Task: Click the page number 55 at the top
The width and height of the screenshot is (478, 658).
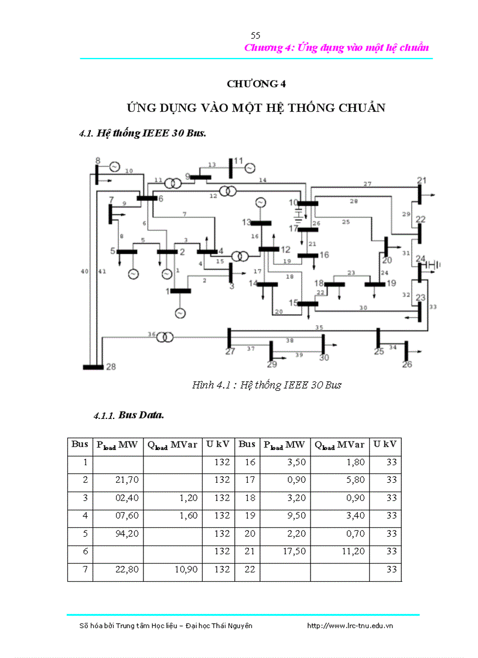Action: coord(255,35)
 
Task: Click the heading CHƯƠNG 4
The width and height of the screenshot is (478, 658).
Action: coord(256,84)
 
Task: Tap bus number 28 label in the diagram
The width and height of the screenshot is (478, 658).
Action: coord(111,367)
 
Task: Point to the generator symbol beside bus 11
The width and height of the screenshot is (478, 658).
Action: coord(250,168)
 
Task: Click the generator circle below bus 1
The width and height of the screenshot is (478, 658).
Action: coord(179,313)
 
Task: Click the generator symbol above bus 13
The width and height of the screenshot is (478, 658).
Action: coord(261,202)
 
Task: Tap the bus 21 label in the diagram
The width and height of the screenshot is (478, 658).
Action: coord(422,180)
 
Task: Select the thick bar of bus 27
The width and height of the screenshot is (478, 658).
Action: coord(229,339)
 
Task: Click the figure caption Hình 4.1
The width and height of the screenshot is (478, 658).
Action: coord(267,385)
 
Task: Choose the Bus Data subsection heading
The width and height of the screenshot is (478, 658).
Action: coord(141,415)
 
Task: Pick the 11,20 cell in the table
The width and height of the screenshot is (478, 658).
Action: coord(340,551)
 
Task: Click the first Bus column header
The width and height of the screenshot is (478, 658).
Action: coord(80,445)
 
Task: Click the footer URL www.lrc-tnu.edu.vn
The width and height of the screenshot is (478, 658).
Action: coord(350,626)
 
